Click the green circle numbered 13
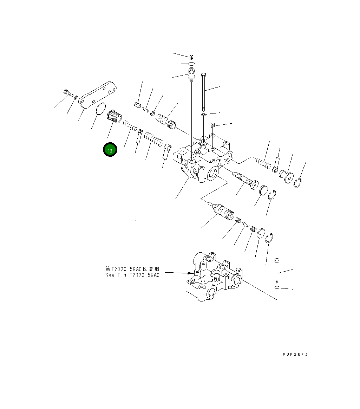(x=110, y=150)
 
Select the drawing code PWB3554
(x=295, y=355)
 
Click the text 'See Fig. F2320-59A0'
(x=132, y=275)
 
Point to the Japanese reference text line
(x=132, y=269)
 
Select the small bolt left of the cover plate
(x=67, y=93)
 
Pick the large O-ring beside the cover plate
(x=101, y=109)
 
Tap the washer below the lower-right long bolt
(x=277, y=288)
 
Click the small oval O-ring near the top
(x=191, y=64)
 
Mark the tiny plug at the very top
(x=191, y=56)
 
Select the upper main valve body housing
(x=204, y=158)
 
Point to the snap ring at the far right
(x=298, y=183)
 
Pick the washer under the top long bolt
(x=204, y=115)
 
